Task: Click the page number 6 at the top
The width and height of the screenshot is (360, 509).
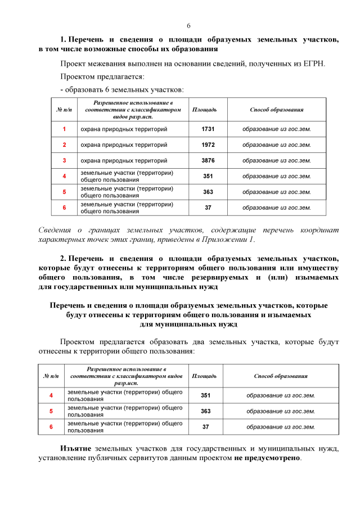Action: (x=188, y=26)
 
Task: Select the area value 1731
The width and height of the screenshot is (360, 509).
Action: (x=208, y=129)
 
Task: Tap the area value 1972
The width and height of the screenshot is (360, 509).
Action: (x=208, y=145)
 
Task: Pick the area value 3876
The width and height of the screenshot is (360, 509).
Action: (x=208, y=161)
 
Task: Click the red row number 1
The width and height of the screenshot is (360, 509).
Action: (x=64, y=129)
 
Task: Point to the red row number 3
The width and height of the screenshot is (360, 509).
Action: (x=64, y=161)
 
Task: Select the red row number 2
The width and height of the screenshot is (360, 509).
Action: (x=64, y=145)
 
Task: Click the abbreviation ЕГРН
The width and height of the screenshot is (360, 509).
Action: (x=313, y=64)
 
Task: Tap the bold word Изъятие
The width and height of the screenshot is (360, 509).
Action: (x=76, y=448)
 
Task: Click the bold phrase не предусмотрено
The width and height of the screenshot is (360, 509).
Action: (x=267, y=457)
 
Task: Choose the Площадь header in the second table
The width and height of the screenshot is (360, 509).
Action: (x=204, y=376)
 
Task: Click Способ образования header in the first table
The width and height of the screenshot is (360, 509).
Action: (x=276, y=110)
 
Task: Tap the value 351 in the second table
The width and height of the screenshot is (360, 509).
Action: (x=205, y=395)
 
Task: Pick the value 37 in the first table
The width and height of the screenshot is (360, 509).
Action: (x=208, y=208)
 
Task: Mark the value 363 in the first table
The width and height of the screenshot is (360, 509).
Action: (x=208, y=192)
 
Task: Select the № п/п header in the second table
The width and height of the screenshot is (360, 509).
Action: (x=51, y=376)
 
